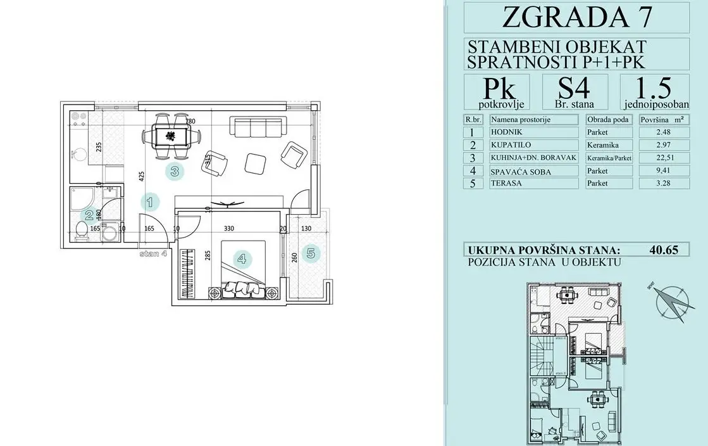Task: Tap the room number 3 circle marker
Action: click(x=175, y=170)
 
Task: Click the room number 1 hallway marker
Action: click(x=150, y=203)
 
